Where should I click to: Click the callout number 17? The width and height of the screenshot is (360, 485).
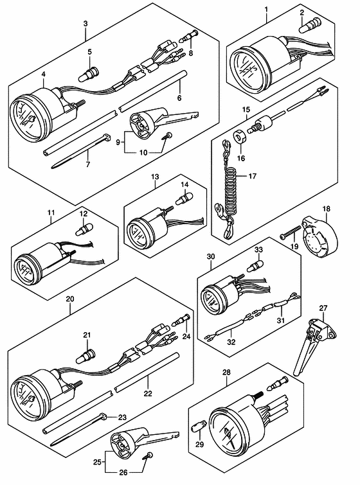pos(253,176)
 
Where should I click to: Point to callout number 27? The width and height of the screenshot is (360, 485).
pos(323,308)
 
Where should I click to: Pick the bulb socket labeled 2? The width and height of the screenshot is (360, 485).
pos(310,25)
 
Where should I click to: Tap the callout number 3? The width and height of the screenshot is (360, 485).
pos(85,23)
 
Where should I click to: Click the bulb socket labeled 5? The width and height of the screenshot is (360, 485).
pos(88,75)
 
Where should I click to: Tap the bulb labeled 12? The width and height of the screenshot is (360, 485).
pos(84,229)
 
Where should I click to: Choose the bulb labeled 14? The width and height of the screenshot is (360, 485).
pos(184,198)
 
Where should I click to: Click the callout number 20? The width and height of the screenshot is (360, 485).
pos(70,299)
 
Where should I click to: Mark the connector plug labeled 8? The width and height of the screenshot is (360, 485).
pos(190,36)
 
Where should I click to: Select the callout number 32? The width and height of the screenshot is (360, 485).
pos(231,342)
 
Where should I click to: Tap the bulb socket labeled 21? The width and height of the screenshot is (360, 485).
pos(86,357)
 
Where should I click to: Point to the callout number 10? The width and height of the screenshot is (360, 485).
pos(143,152)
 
